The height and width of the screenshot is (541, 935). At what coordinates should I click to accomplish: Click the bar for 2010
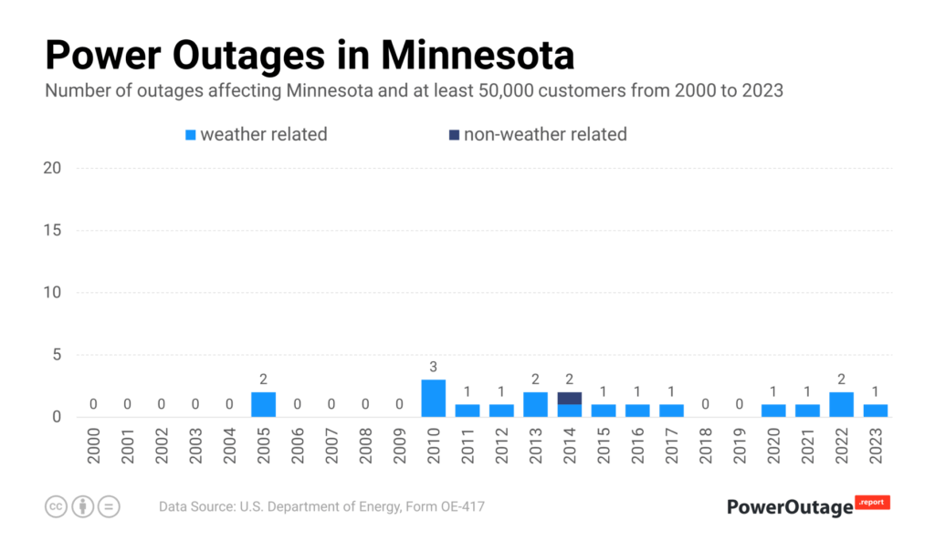pos(433,399)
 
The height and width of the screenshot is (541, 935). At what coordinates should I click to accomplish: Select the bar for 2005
pos(263,404)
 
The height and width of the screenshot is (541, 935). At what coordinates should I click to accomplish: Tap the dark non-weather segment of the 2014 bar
pos(569,398)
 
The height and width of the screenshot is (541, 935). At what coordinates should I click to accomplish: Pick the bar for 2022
pos(841,404)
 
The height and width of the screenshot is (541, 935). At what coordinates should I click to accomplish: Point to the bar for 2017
pos(671,411)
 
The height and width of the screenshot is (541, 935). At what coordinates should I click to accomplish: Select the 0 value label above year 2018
pos(705,404)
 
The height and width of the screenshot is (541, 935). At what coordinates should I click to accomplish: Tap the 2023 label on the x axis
pos(876,444)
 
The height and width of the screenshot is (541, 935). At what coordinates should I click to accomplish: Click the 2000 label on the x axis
pos(94,444)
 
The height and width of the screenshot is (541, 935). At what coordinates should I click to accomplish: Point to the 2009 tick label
pos(400,444)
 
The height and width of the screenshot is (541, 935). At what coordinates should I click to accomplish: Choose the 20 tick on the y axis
pos(52,168)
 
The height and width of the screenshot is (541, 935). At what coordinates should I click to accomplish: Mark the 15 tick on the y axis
pos(52,230)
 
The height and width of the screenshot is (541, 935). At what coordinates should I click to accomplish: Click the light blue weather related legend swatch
pos(191,135)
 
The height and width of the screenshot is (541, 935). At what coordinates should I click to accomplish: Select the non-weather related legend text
pos(545,134)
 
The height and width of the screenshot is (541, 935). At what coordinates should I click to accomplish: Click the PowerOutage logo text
pos(790,507)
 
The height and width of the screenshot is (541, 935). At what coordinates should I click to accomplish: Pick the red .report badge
pos(872,502)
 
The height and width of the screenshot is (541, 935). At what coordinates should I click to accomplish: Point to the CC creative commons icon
pos(57,506)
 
